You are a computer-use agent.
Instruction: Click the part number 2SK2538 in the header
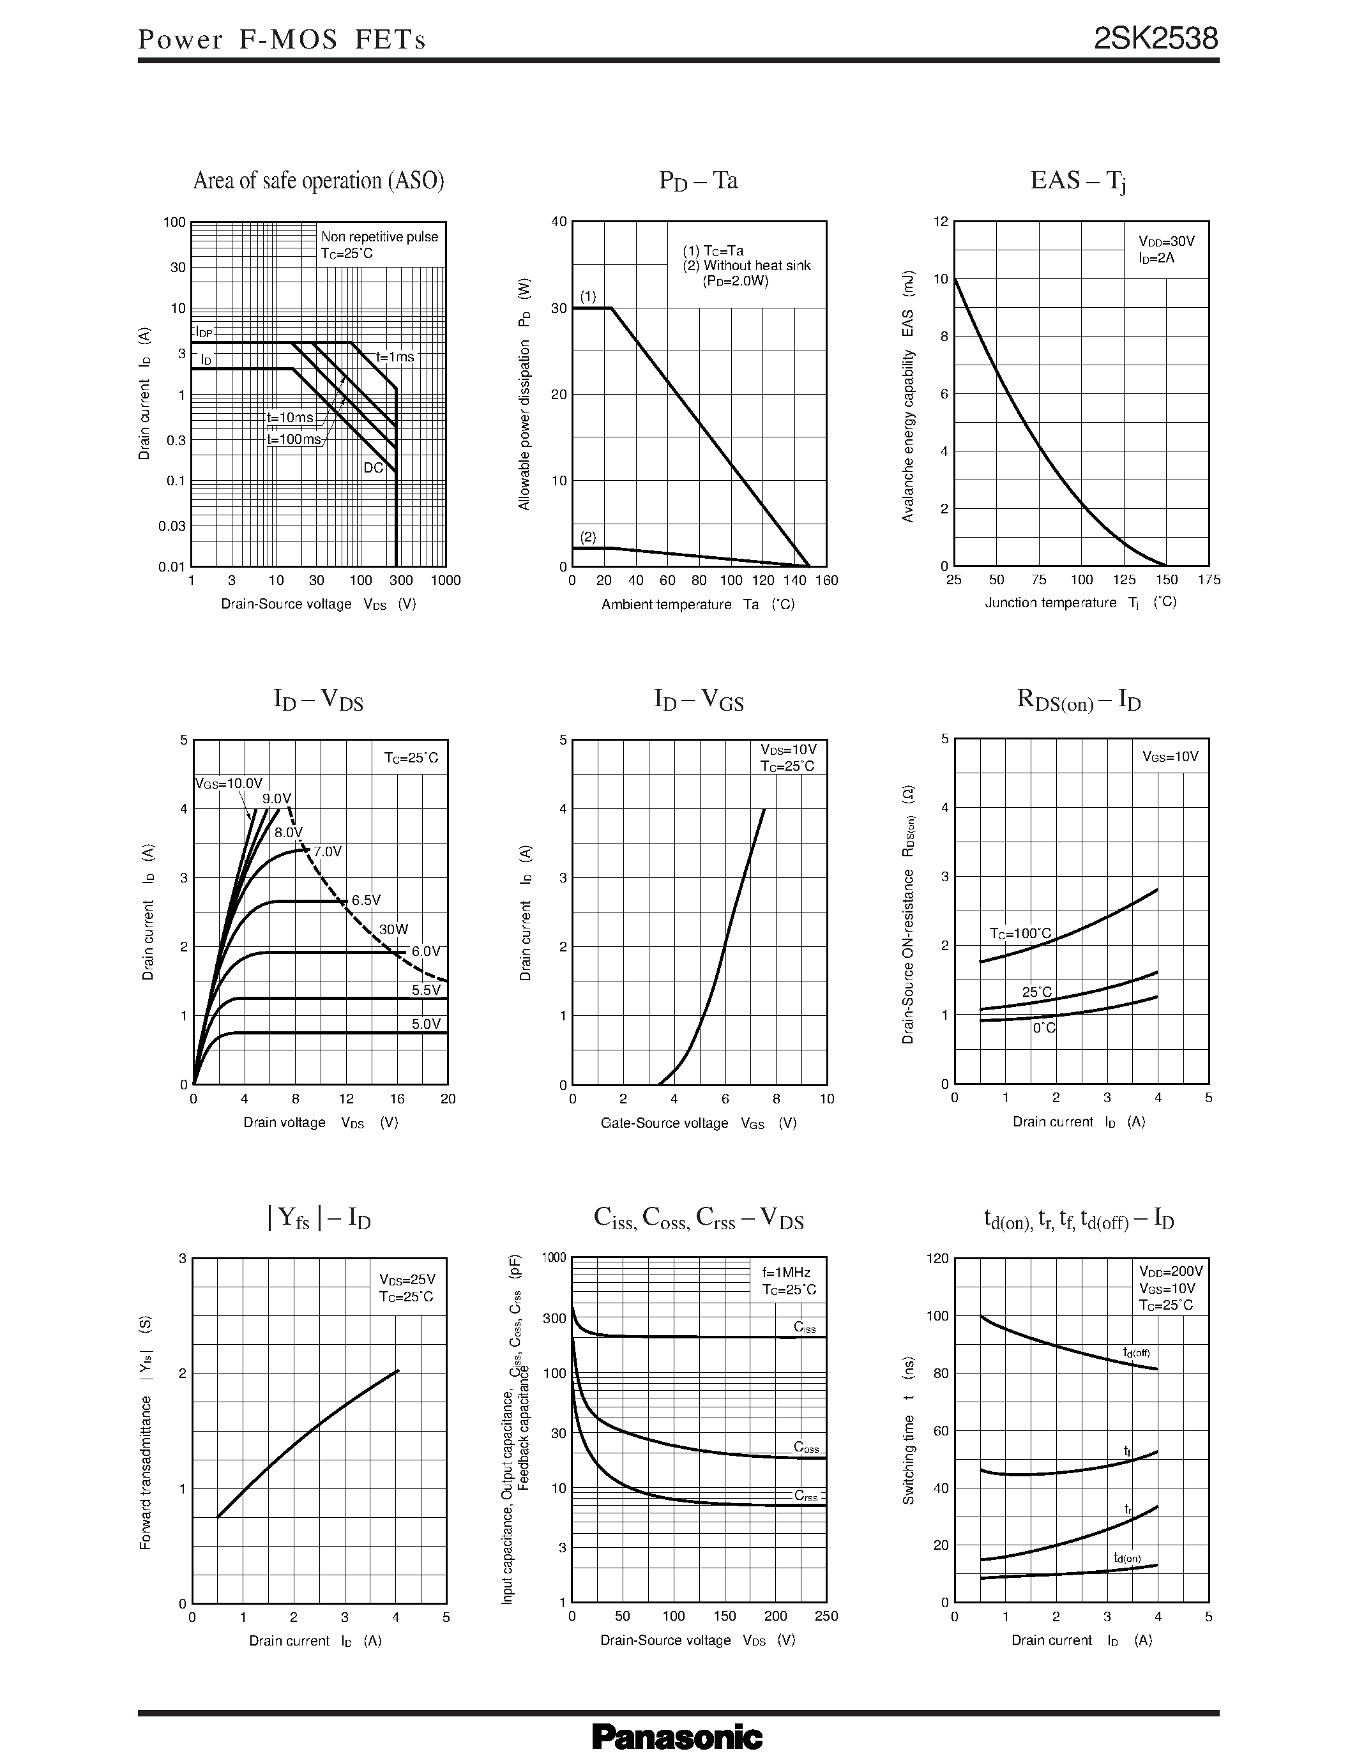(x=1155, y=38)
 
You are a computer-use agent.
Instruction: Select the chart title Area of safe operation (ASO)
(x=319, y=180)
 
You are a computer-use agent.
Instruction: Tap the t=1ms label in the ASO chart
(x=395, y=356)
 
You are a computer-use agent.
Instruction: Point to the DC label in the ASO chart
(x=373, y=467)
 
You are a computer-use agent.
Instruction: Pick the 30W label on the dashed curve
(x=394, y=930)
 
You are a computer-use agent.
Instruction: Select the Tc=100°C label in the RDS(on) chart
(x=1019, y=934)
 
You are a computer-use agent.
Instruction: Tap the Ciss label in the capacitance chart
(x=804, y=1327)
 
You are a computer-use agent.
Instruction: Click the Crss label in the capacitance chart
(x=805, y=1495)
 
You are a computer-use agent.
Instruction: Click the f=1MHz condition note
(x=786, y=1273)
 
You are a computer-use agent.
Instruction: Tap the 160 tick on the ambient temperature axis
(x=826, y=580)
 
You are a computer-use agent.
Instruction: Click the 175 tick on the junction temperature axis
(x=1208, y=580)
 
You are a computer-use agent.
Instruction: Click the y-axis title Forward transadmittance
(x=146, y=1433)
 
